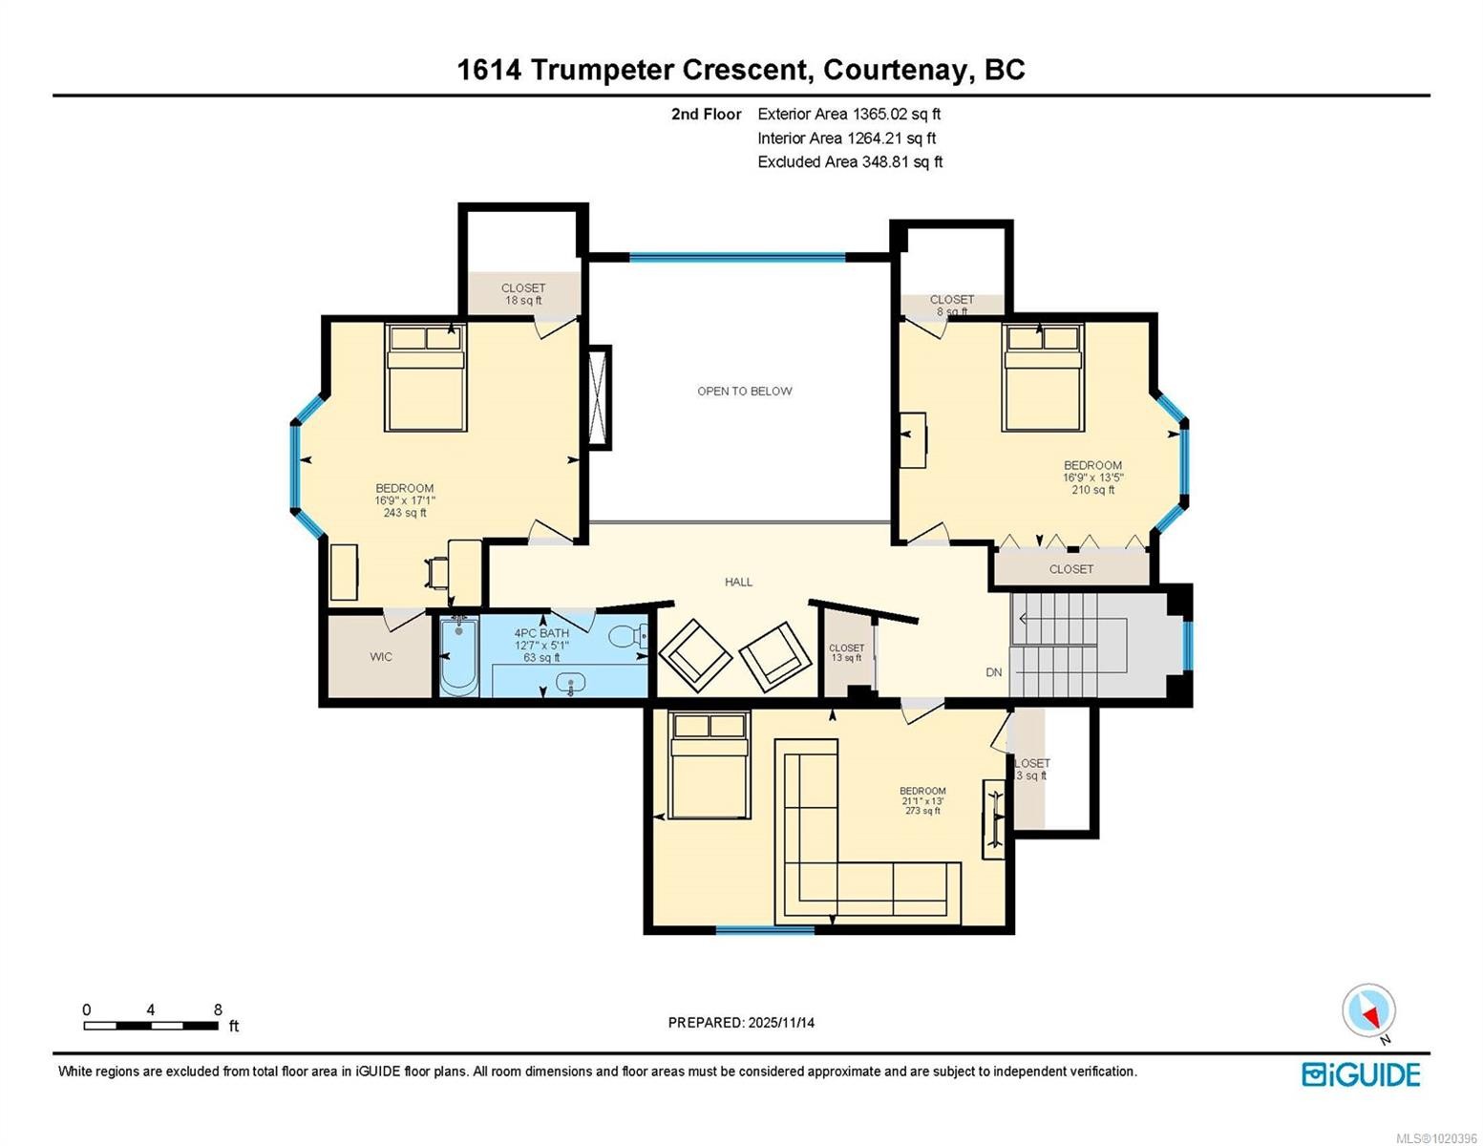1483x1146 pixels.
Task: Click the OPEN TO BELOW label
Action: (744, 391)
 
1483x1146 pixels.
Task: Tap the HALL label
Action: (738, 582)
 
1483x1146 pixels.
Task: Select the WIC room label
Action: (381, 657)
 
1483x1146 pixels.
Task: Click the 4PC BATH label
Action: (541, 633)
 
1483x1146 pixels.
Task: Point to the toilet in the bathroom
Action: (627, 636)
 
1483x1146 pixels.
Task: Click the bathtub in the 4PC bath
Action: (459, 656)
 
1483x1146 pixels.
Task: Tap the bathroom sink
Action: (572, 683)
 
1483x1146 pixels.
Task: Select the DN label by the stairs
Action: (994, 672)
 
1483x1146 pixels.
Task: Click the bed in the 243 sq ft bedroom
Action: (426, 377)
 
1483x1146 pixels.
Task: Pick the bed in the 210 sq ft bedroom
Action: (1043, 377)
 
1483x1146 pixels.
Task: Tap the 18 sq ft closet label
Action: (523, 294)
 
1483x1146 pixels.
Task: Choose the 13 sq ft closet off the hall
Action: (846, 653)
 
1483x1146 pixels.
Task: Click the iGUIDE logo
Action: (1361, 1074)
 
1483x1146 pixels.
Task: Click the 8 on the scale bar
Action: (218, 1009)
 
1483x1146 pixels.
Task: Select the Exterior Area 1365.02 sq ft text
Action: (849, 114)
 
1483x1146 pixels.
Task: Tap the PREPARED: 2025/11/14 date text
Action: (741, 1023)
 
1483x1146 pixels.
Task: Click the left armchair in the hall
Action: (695, 655)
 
